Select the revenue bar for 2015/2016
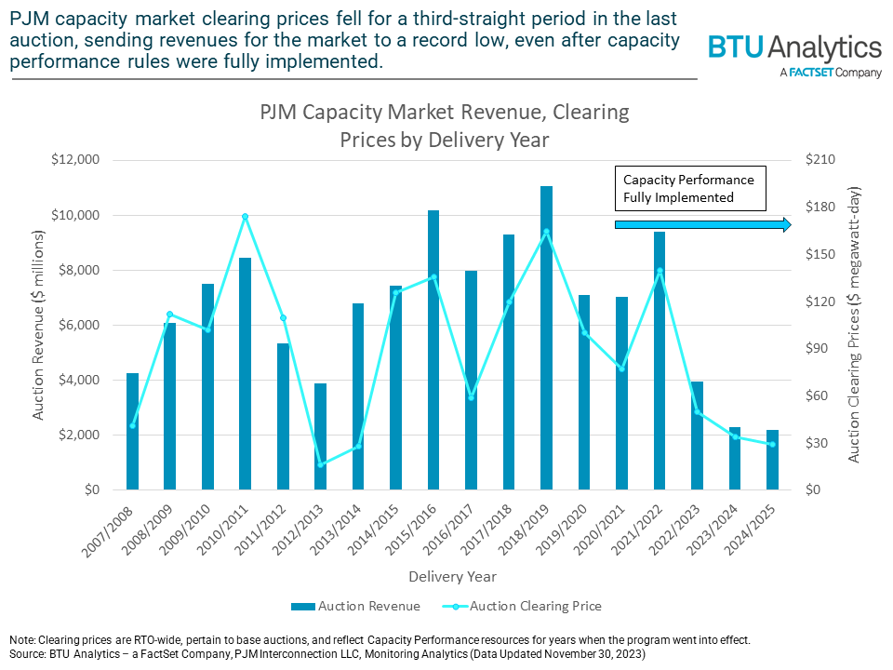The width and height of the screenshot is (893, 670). [433, 350]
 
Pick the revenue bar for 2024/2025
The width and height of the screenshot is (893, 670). [772, 460]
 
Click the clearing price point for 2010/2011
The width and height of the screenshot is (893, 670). [245, 217]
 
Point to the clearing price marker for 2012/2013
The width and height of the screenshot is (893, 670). [321, 464]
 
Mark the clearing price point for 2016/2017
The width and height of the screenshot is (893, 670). [471, 397]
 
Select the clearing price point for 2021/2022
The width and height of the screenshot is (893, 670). [660, 271]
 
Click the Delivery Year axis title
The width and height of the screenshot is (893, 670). [452, 577]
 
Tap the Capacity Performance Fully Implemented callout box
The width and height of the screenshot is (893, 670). [688, 188]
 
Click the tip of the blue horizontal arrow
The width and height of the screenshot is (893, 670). [790, 225]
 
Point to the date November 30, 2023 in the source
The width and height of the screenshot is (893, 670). [587, 654]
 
